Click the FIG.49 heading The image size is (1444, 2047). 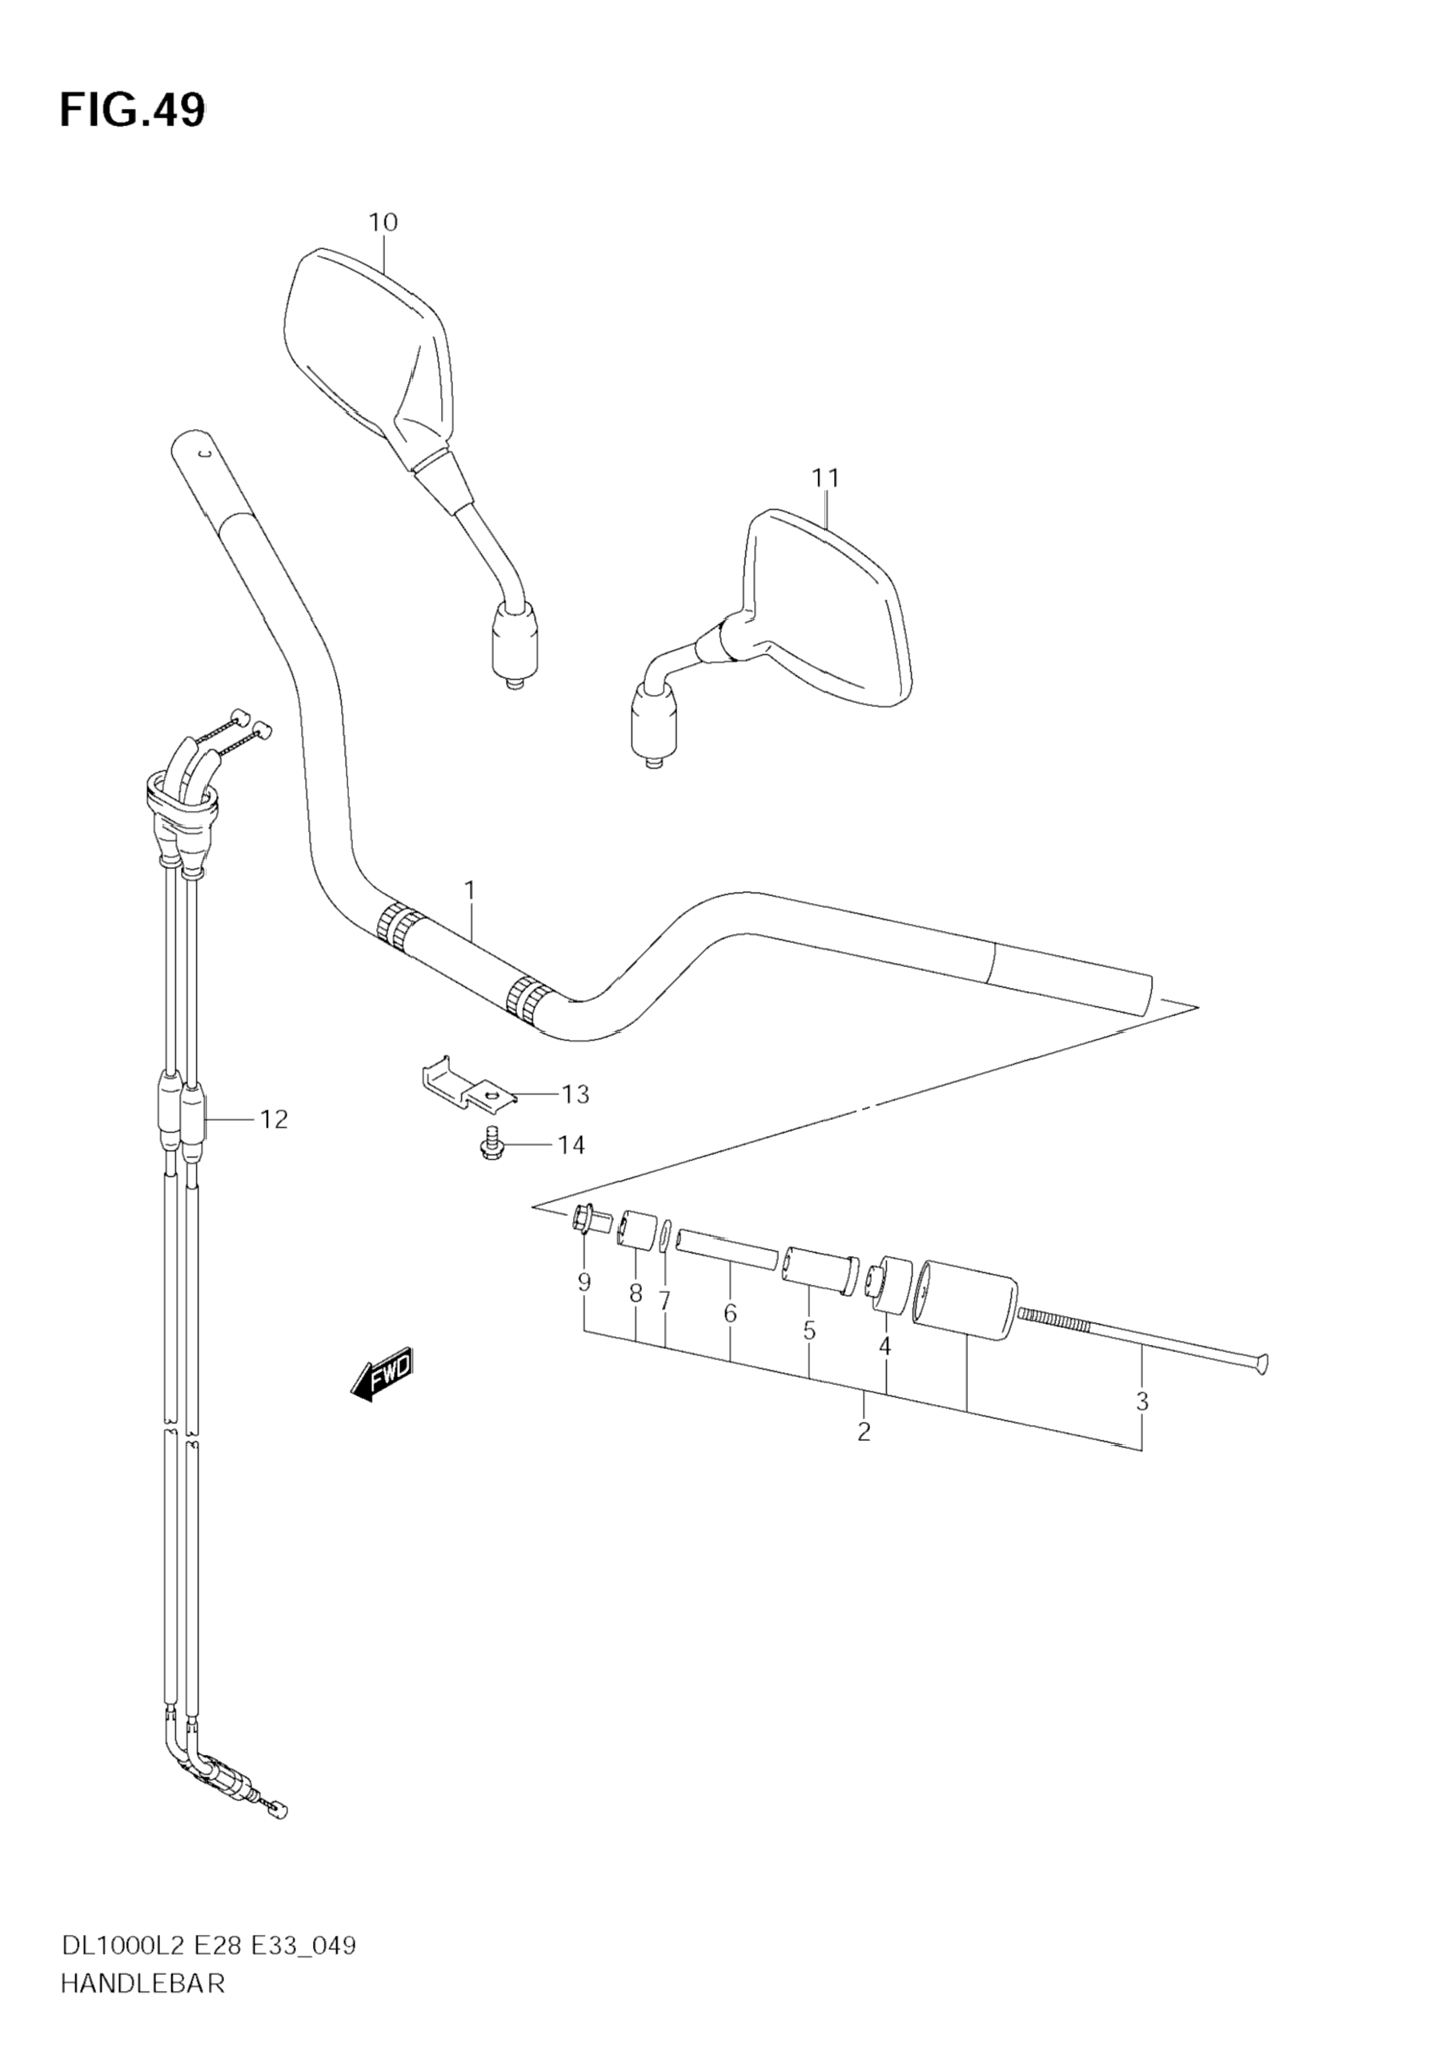pyautogui.click(x=132, y=111)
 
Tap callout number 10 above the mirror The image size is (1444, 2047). pyautogui.click(x=383, y=222)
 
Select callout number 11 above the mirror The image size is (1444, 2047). pyautogui.click(x=825, y=479)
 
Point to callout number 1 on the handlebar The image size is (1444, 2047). pyautogui.click(x=469, y=889)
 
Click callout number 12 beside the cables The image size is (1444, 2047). pyautogui.click(x=274, y=1119)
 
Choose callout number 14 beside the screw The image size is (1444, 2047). pyautogui.click(x=572, y=1146)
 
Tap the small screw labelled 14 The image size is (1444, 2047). pyautogui.click(x=490, y=1144)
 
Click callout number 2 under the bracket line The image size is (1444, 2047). pyautogui.click(x=863, y=1433)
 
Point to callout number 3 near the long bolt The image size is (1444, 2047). pyautogui.click(x=1141, y=1402)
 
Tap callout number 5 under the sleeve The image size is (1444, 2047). pyautogui.click(x=808, y=1331)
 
